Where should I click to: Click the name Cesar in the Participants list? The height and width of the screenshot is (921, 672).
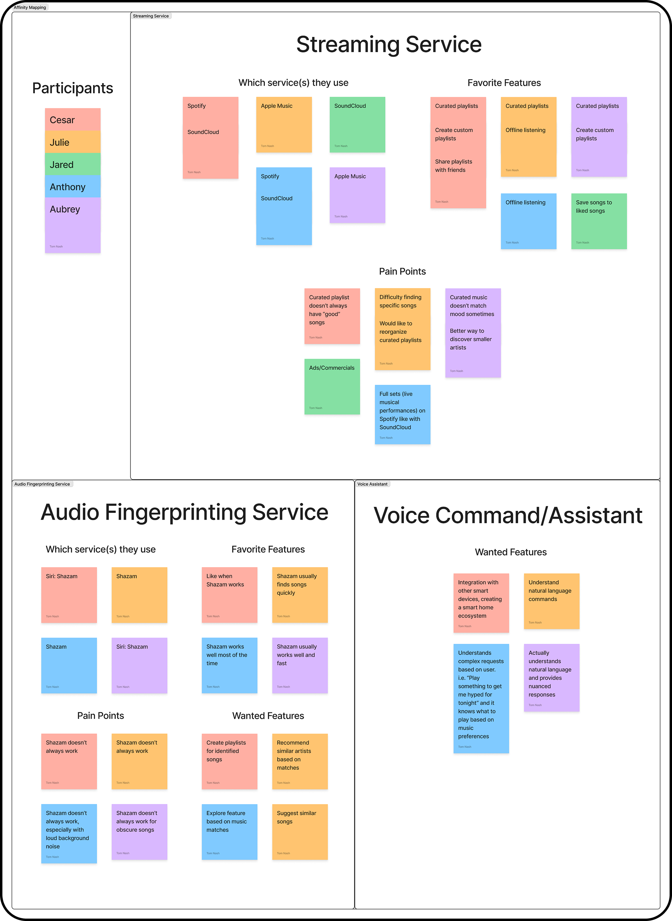(62, 120)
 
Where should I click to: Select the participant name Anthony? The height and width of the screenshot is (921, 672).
(68, 187)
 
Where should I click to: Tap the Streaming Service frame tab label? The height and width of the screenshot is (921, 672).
(150, 16)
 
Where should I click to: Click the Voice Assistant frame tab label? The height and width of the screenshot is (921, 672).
(372, 484)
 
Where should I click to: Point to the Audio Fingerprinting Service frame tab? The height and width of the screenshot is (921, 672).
(42, 484)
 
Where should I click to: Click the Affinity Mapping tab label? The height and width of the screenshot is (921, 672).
(30, 7)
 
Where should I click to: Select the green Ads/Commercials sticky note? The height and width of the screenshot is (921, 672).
(332, 387)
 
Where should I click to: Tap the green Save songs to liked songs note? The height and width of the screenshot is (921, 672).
(599, 221)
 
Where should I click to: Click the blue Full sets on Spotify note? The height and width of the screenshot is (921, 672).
(402, 414)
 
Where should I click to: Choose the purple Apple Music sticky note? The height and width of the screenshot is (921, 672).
(357, 195)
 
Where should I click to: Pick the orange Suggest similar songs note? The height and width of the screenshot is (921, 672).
(300, 832)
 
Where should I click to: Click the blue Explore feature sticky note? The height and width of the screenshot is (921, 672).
(230, 832)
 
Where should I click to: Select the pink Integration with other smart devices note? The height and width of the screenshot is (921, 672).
(481, 603)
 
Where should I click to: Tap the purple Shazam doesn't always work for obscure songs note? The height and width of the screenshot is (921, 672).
(139, 832)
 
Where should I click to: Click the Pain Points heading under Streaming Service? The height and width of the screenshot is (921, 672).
(402, 271)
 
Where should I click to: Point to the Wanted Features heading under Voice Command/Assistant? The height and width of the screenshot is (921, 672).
(510, 552)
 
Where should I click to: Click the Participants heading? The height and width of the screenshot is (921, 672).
(73, 88)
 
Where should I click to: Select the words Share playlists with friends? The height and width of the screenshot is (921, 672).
(454, 166)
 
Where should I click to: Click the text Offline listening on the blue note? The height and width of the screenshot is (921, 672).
(525, 203)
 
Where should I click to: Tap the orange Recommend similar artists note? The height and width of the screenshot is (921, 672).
(300, 761)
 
